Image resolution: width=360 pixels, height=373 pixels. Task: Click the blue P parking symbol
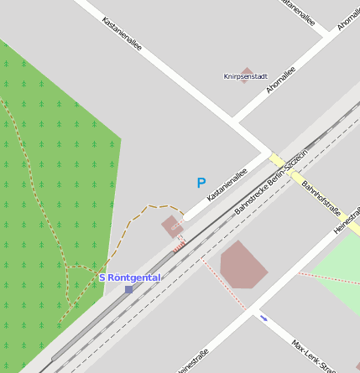point(201,183)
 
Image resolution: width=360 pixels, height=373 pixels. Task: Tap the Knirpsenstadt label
point(245,76)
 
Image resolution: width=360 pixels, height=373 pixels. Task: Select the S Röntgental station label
point(129,277)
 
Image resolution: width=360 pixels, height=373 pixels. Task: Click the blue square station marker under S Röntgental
point(128,289)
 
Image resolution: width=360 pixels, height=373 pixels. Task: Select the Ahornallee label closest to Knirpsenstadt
point(280,82)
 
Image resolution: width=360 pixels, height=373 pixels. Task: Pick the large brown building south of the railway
point(243,265)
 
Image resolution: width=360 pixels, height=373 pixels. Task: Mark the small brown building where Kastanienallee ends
point(172,225)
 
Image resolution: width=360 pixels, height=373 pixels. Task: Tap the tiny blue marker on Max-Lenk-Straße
point(264,318)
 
